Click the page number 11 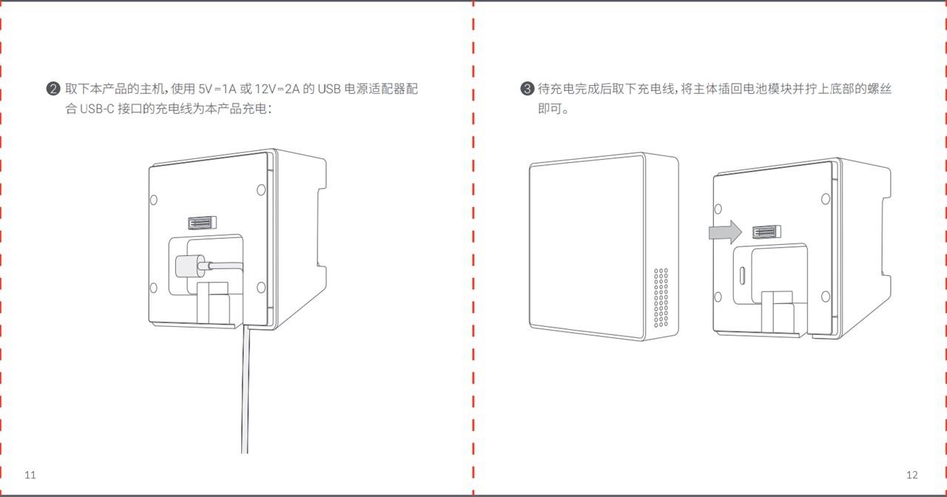30,475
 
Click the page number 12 911,475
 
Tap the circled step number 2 53,89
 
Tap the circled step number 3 527,89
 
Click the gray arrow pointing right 724,232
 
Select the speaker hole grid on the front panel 661,297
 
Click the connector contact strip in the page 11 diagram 200,223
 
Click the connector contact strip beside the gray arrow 764,232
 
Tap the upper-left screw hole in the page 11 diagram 153,200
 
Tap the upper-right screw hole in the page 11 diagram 261,190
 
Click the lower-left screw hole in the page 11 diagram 153,288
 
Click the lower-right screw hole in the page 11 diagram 260,288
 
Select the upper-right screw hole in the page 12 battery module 826,199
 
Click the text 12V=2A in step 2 276,89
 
